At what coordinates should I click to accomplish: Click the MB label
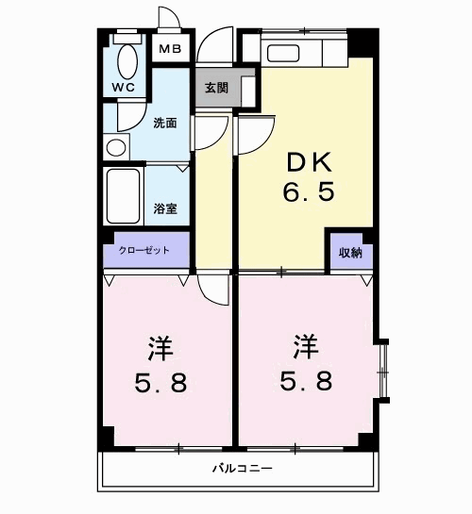point(170,49)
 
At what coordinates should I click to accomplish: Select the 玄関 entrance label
point(216,88)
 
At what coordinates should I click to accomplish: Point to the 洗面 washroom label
point(165,124)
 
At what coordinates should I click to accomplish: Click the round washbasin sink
point(115,147)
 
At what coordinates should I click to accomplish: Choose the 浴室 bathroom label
point(165,208)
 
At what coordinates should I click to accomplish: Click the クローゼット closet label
point(144,250)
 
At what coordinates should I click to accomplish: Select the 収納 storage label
point(350,252)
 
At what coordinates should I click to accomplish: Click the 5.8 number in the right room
point(306,382)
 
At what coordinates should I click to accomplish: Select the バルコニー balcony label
point(241,468)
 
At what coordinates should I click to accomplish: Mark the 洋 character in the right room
point(304,348)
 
